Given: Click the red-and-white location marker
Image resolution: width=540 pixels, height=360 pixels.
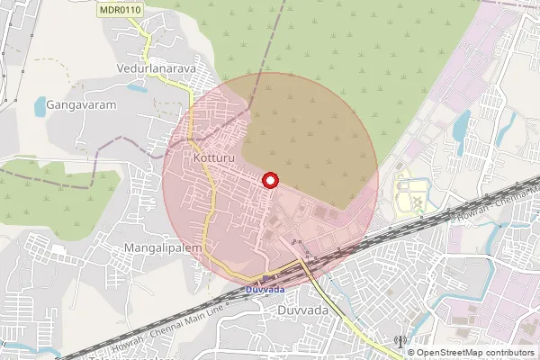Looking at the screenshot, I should click(x=269, y=181).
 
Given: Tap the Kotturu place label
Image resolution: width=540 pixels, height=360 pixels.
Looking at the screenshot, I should click(x=213, y=158).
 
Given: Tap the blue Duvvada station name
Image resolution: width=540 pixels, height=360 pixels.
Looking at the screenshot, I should click(x=264, y=290).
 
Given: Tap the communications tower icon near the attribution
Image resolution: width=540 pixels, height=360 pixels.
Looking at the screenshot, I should click(x=400, y=342).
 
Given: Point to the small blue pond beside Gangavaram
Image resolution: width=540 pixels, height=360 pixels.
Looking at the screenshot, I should click(x=40, y=108).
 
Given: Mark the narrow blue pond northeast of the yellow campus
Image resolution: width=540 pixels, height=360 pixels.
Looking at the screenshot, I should click(x=461, y=130).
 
